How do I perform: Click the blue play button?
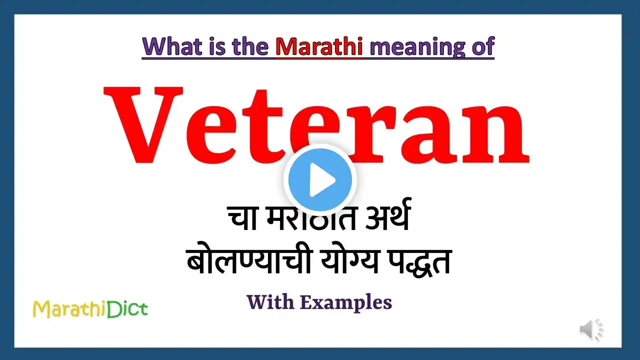point(320,180)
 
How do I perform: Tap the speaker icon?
point(591,329)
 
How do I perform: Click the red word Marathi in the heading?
point(319,46)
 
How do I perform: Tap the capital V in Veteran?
point(143,124)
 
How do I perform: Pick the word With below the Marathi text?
point(270,302)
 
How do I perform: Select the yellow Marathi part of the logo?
point(70,309)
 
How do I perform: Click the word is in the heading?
point(218,46)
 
